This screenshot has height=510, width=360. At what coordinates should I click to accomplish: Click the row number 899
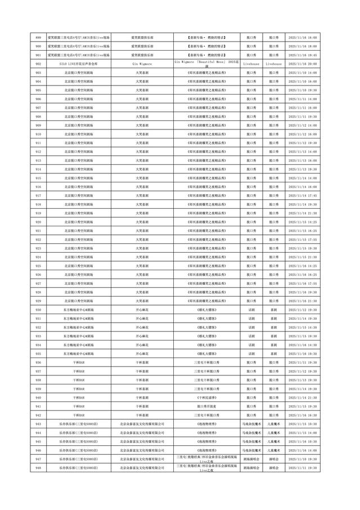38,37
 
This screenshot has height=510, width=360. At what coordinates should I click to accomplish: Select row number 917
38,195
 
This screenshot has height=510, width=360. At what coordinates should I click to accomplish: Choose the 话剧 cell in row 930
251,309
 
